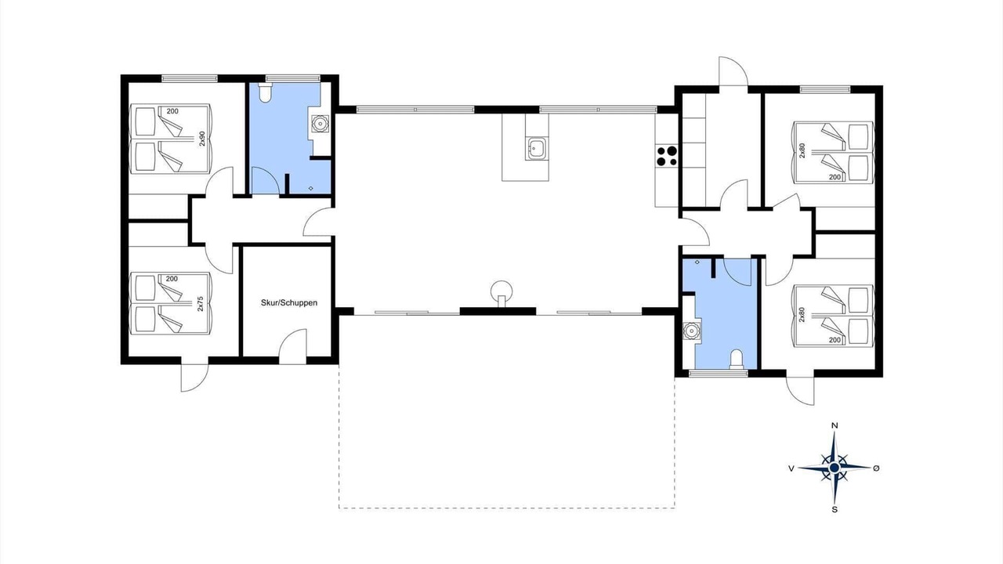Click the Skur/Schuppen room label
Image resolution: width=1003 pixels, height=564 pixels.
click(289, 303)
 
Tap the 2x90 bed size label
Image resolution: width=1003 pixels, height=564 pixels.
click(201, 139)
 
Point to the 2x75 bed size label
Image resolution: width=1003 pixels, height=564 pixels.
click(201, 304)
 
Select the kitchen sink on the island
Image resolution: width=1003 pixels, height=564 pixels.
click(537, 148)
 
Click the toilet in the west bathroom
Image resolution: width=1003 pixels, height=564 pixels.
click(265, 93)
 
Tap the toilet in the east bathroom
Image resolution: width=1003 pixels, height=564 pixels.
click(737, 360)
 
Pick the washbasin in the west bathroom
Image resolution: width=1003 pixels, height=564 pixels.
click(320, 124)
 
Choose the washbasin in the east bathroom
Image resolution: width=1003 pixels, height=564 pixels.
click(692, 331)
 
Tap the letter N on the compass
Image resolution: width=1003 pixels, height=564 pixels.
click(835, 425)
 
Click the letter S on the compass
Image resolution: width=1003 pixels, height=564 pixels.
click(835, 509)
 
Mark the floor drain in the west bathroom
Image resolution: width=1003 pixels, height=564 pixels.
click(311, 189)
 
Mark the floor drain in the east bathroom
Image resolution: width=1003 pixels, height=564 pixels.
click(697, 262)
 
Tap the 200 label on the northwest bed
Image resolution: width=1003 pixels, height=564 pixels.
click(172, 111)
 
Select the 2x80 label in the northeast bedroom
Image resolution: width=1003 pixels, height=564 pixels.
click(802, 150)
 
